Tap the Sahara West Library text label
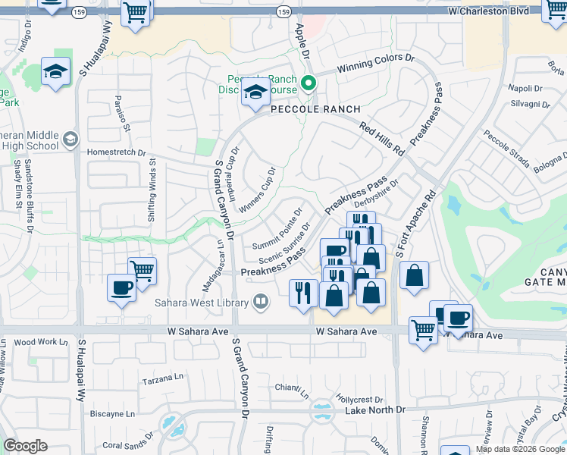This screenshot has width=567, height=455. coord(202,303)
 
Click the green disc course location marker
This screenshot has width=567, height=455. coord(309,83)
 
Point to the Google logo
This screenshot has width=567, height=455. coord(26,446)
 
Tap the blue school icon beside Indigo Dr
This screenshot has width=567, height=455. coord(55,72)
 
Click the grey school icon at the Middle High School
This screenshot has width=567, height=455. coord(70,139)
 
